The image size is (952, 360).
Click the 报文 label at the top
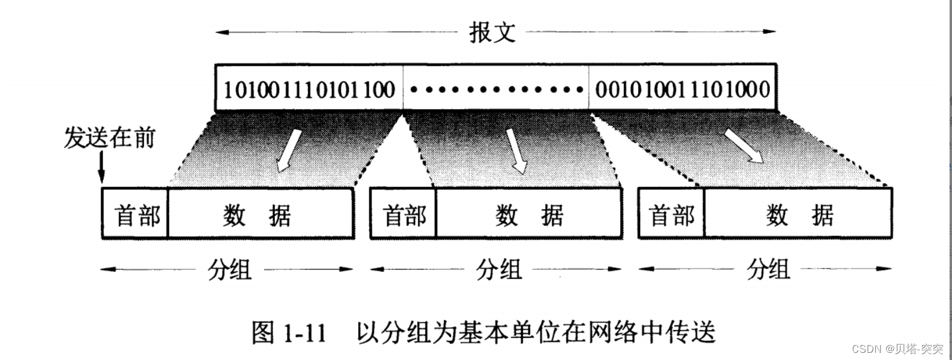click(x=492, y=32)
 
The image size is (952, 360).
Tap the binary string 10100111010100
click(x=309, y=90)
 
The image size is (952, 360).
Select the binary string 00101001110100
click(x=682, y=90)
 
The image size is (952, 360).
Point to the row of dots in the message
click(x=496, y=90)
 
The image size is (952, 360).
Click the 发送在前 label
click(x=110, y=138)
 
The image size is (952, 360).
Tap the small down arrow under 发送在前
click(x=101, y=167)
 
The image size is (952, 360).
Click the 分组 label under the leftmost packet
click(x=229, y=270)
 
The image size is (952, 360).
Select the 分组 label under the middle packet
click(x=499, y=270)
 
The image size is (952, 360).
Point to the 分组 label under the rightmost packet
click(x=768, y=270)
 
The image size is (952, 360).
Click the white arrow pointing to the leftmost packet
click(x=288, y=150)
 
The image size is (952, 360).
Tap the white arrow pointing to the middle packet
click(x=516, y=150)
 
